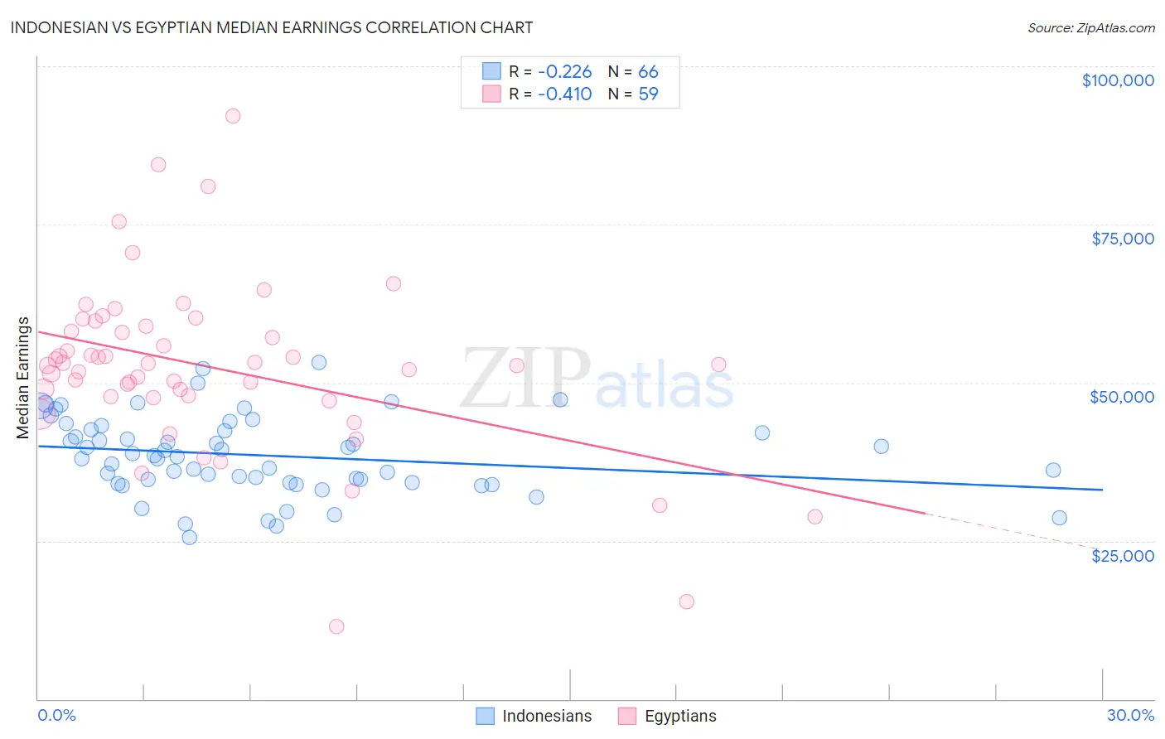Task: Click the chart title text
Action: pyautogui.click(x=271, y=27)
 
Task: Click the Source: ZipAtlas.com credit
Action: pyautogui.click(x=1090, y=28)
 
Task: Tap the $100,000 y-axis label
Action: pyautogui.click(x=1117, y=80)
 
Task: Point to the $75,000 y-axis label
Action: pyautogui.click(x=1122, y=239)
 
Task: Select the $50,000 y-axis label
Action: pyautogui.click(x=1121, y=397)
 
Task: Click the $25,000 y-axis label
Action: pyautogui.click(x=1122, y=556)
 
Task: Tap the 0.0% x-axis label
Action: pyautogui.click(x=56, y=715)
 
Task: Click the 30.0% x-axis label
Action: pyautogui.click(x=1130, y=715)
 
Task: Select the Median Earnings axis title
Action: pyautogui.click(x=23, y=378)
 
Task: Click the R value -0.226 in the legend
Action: pyautogui.click(x=564, y=71)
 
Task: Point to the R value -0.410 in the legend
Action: pyautogui.click(x=564, y=94)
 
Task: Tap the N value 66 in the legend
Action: pyautogui.click(x=648, y=71)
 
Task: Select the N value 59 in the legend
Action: pyautogui.click(x=648, y=94)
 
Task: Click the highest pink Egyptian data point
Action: pyautogui.click(x=233, y=116)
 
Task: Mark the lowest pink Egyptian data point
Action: pyautogui.click(x=336, y=626)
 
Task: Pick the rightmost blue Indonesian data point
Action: pyautogui.click(x=1059, y=518)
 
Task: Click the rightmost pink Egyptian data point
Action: pyautogui.click(x=815, y=516)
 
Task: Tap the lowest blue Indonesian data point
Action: pyautogui.click(x=189, y=537)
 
